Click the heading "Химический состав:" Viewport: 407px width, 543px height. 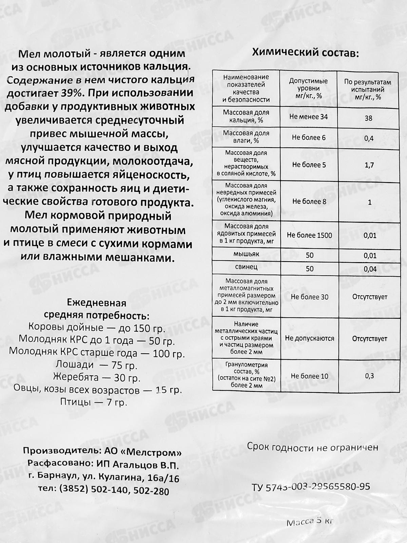point(304,54)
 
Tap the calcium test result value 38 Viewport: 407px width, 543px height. point(368,118)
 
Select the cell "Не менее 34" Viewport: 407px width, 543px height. point(308,117)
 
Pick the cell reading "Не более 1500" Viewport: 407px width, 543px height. point(309,235)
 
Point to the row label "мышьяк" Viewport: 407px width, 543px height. point(246,254)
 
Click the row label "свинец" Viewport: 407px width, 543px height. point(246,267)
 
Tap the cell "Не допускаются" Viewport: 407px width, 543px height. point(309,338)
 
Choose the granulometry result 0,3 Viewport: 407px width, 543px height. point(370,376)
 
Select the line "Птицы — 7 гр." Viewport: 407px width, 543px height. point(94,402)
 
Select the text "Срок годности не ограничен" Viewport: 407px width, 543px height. point(312,447)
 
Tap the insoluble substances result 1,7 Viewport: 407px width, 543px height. point(369,165)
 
